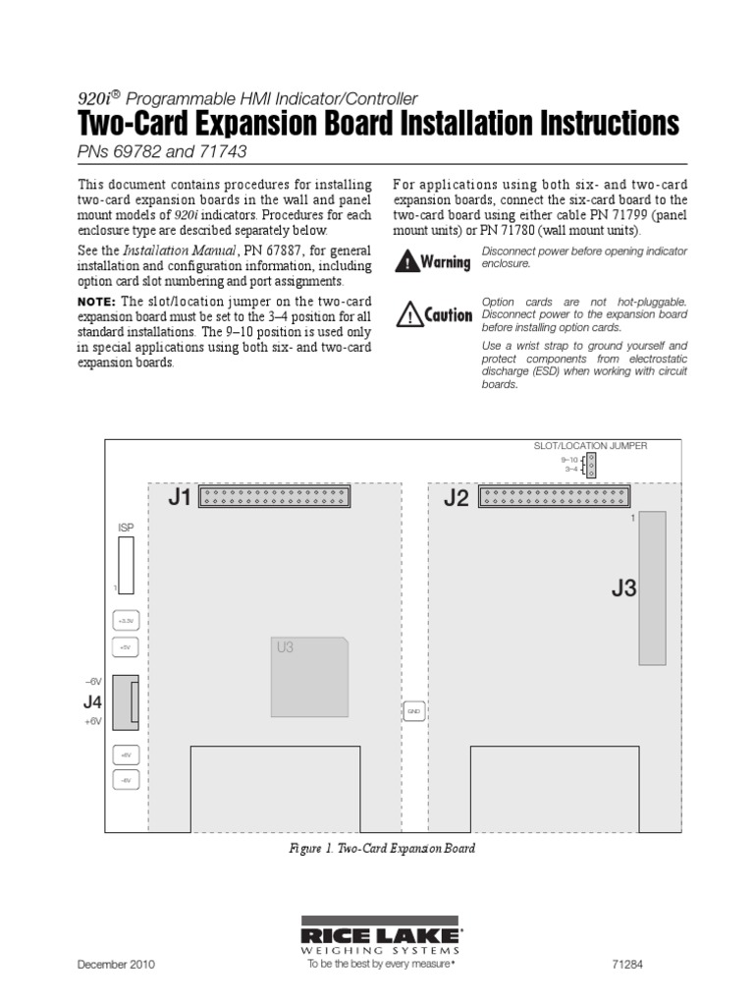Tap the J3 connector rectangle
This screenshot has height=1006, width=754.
tap(652, 587)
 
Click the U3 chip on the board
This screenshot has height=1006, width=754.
tap(309, 676)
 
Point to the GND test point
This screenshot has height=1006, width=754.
tap(413, 709)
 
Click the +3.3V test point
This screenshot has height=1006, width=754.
tap(125, 621)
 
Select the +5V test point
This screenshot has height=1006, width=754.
tap(125, 647)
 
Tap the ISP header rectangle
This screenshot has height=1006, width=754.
tap(125, 566)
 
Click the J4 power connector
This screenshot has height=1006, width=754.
tap(126, 701)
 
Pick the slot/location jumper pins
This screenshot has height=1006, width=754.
tap(590, 464)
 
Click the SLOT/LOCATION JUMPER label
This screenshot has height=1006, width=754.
tap(590, 445)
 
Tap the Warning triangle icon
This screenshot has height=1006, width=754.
tap(406, 261)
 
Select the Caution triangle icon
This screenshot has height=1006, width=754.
tap(407, 314)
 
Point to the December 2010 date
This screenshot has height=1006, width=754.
tap(116, 965)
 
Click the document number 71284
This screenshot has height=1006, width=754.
tap(656, 965)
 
